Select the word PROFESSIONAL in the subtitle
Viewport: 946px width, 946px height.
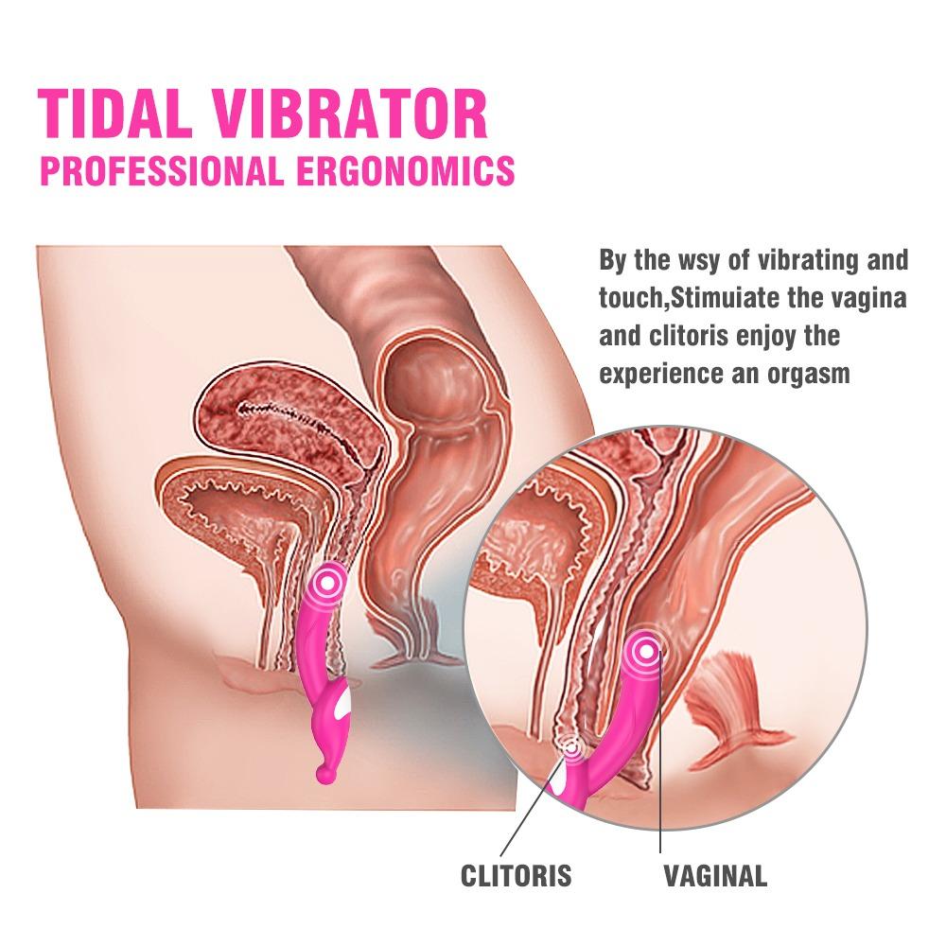[162, 170]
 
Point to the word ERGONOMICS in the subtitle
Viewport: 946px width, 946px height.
[406, 170]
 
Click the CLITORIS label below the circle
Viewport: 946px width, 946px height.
[516, 875]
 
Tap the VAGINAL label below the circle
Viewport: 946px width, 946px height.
[715, 875]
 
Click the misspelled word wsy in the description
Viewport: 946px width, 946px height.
[697, 261]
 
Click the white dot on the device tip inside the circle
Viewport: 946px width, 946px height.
[646, 651]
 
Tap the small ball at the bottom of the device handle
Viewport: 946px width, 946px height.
[323, 774]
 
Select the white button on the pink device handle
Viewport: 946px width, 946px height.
[343, 703]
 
